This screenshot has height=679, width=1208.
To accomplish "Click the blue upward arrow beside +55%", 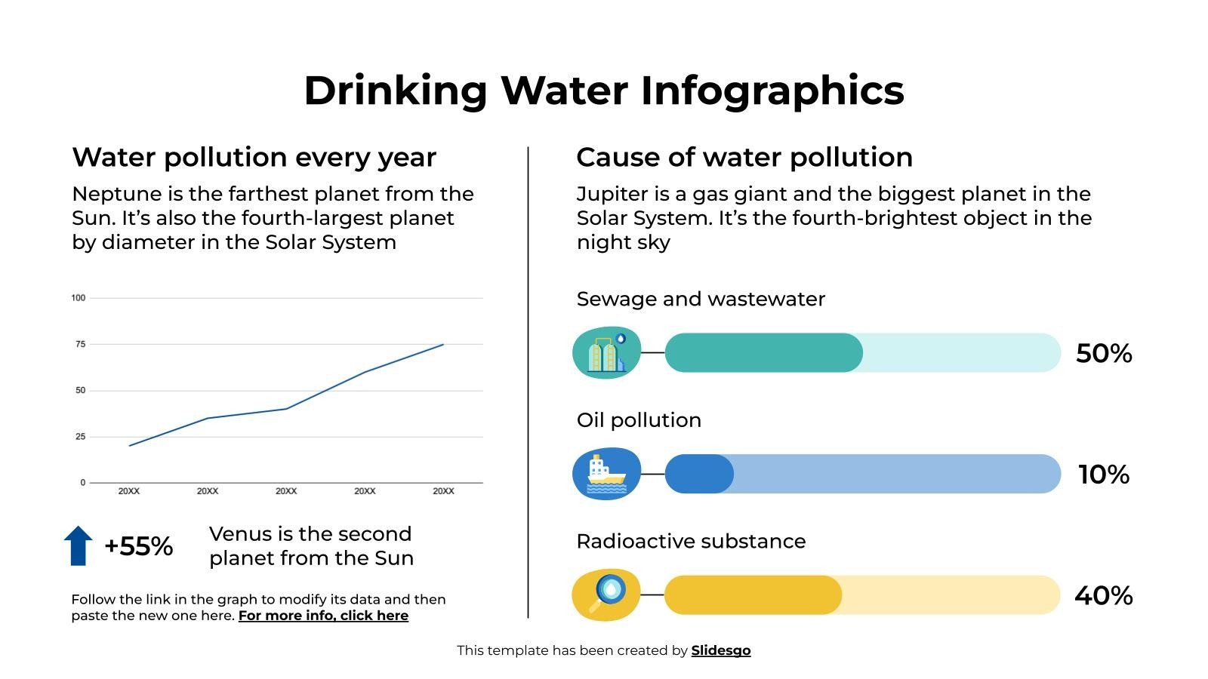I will point(78,546).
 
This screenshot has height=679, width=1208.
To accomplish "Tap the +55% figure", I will point(139,546).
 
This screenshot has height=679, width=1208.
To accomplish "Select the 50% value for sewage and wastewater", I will point(1103,353).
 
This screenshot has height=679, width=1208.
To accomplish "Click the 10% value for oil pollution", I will point(1103,475).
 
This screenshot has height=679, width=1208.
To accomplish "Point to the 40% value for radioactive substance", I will point(1103,596).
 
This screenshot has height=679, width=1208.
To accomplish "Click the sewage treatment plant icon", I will point(606,353).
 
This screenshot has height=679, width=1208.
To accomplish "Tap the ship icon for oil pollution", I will point(606,474).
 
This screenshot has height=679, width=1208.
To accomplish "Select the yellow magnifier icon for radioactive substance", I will point(606,595).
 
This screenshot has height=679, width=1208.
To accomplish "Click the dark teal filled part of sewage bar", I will point(763,353).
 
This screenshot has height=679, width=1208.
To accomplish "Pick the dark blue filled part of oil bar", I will point(698,474).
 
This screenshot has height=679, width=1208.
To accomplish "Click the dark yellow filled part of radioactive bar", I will point(752,595).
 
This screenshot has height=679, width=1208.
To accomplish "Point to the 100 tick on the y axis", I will point(79,298).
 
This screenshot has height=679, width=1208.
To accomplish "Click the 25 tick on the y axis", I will point(81,437).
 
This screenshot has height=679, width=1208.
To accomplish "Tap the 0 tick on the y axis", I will point(83,483).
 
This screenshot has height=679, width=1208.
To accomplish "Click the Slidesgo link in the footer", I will point(720,650).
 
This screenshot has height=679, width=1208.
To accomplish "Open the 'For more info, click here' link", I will point(323,616).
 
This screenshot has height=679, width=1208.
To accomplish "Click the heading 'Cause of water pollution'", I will point(744,157).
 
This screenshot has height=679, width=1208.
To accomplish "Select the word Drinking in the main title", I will point(395,91).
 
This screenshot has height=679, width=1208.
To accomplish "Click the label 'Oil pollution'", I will point(639,420).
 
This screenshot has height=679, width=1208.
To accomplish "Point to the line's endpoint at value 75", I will point(443,345).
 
